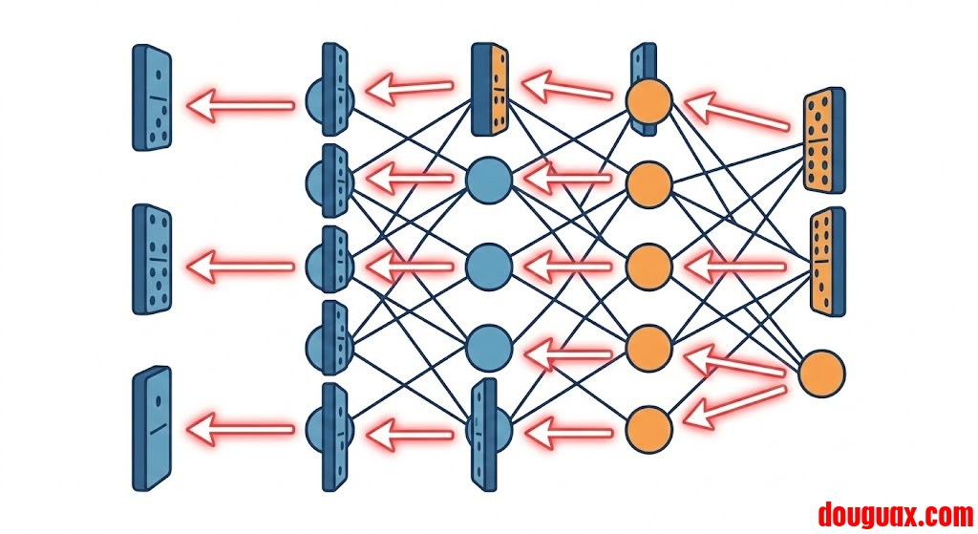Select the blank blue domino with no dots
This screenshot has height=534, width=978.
point(152,427)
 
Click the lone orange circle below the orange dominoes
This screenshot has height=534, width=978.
point(821,374)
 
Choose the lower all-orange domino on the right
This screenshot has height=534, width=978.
point(827,260)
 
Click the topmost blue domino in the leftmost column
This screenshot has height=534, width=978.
point(152,97)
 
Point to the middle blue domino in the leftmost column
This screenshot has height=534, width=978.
point(152,258)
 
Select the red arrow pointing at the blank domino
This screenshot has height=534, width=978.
point(241,427)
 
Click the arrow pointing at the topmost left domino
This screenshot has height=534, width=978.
point(241,101)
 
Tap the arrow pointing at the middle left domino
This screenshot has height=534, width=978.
point(241,265)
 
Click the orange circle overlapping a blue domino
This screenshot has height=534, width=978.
point(649,101)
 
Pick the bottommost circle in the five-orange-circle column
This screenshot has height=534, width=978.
point(649,427)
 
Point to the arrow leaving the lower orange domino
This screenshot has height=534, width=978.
point(735,265)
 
